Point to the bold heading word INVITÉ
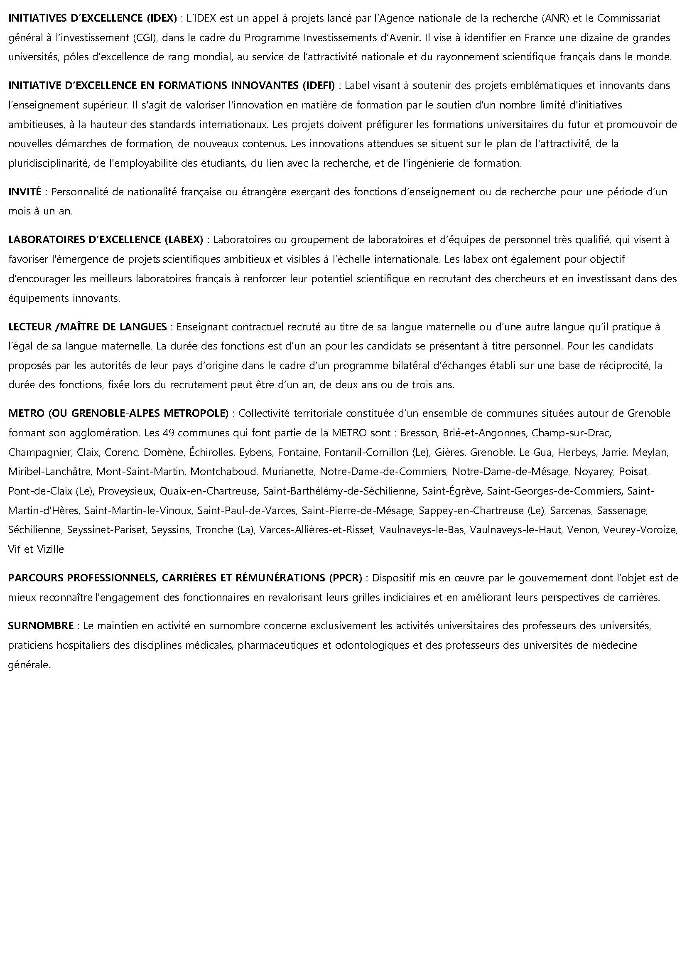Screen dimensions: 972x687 click(x=25, y=192)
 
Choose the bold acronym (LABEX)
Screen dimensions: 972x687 click(x=184, y=240)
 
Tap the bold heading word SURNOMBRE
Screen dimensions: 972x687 click(x=41, y=626)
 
